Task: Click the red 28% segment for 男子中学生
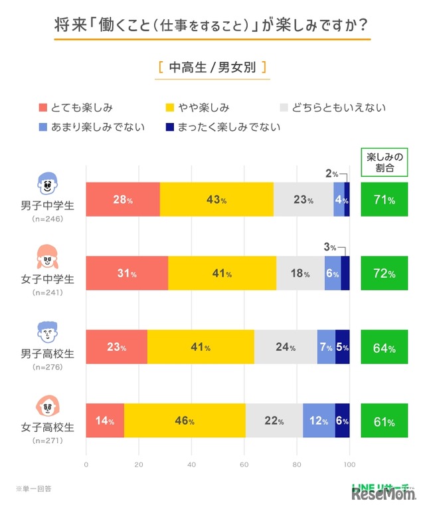pyautogui.click(x=123, y=199)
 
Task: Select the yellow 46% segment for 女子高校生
pyautogui.click(x=185, y=421)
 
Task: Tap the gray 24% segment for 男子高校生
pyautogui.click(x=286, y=346)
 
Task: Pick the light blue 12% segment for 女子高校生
pyautogui.click(x=319, y=421)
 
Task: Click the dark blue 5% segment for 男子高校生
pyautogui.click(x=342, y=346)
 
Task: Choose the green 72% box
pyautogui.click(x=384, y=272)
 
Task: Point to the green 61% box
pyautogui.click(x=384, y=421)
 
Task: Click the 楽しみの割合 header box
pyautogui.click(x=384, y=163)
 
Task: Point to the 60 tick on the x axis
pyautogui.click(x=244, y=464)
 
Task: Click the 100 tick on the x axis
pyautogui.click(x=349, y=464)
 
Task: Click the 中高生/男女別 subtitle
pyautogui.click(x=212, y=67)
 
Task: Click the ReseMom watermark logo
pyautogui.click(x=384, y=495)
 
